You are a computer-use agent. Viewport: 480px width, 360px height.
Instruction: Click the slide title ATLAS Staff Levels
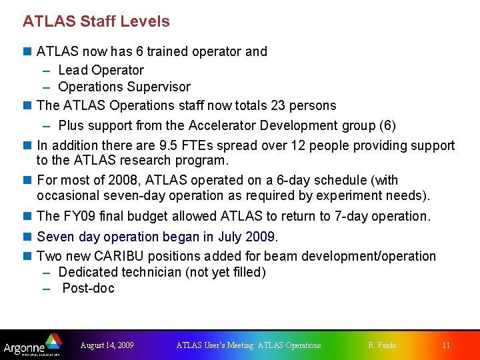[x=96, y=21]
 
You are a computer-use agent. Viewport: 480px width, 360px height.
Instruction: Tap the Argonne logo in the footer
[x=32, y=345]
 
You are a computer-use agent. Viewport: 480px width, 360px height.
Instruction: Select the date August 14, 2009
[x=107, y=345]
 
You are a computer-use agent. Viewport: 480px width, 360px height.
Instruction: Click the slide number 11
[x=446, y=345]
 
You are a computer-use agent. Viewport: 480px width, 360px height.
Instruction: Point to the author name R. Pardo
[x=382, y=345]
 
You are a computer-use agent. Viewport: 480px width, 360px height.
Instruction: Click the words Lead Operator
[x=101, y=70]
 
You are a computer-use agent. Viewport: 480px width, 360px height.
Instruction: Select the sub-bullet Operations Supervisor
[x=124, y=87]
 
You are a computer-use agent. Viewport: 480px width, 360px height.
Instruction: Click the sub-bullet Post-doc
[x=88, y=288]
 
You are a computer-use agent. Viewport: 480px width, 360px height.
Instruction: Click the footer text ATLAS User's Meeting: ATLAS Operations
[x=248, y=345]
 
